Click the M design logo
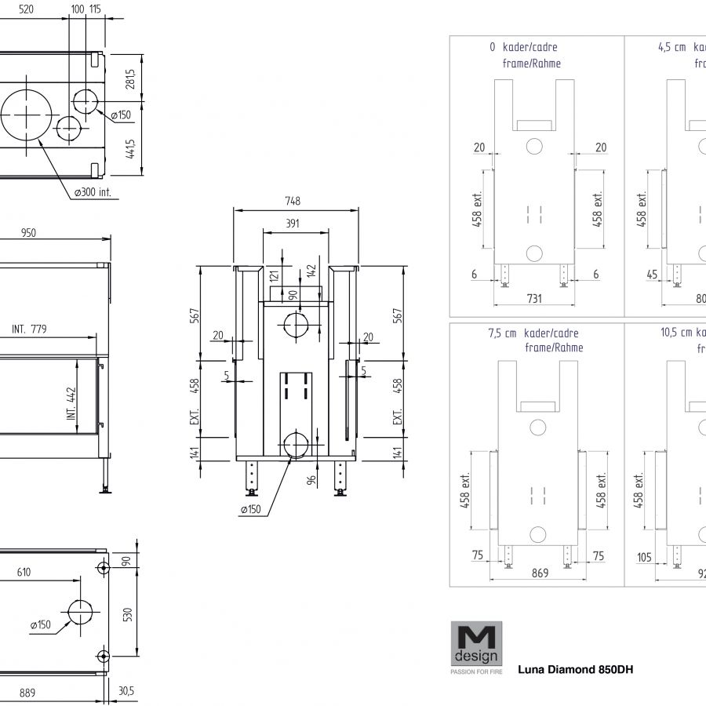pyautogui.click(x=476, y=643)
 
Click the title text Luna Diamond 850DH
pyautogui.click(x=575, y=670)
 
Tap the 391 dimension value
pyautogui.click(x=292, y=224)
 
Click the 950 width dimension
pyautogui.click(x=28, y=232)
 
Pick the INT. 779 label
pyautogui.click(x=29, y=329)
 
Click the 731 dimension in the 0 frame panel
pyautogui.click(x=533, y=299)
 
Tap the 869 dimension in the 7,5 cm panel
pyautogui.click(x=540, y=573)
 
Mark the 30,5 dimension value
pyautogui.click(x=126, y=693)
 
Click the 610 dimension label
pyautogui.click(x=24, y=572)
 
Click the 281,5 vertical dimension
pyautogui.click(x=130, y=79)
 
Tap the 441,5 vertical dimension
pyautogui.click(x=130, y=147)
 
